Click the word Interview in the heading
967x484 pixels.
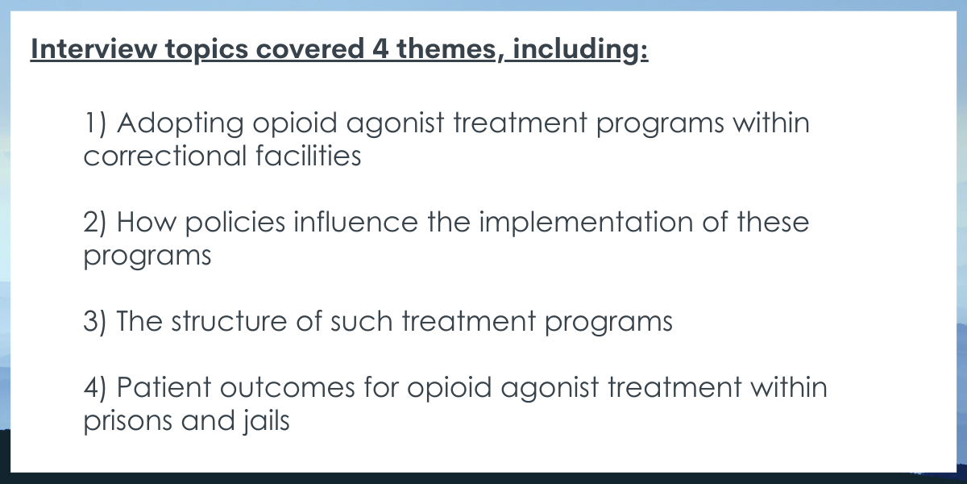pyautogui.click(x=93, y=48)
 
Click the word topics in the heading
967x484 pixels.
pyautogui.click(x=207, y=50)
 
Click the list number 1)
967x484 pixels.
pyautogui.click(x=95, y=123)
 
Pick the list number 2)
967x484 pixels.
pyautogui.click(x=94, y=223)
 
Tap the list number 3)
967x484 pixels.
pyautogui.click(x=94, y=322)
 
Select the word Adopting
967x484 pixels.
pyautogui.click(x=180, y=124)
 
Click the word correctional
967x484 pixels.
pyautogui.click(x=165, y=156)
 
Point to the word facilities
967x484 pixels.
pyautogui.click(x=308, y=156)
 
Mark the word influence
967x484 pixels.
pyautogui.click(x=355, y=222)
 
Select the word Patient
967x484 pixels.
pyautogui.click(x=164, y=387)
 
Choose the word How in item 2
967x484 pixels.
pyautogui.click(x=147, y=222)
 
